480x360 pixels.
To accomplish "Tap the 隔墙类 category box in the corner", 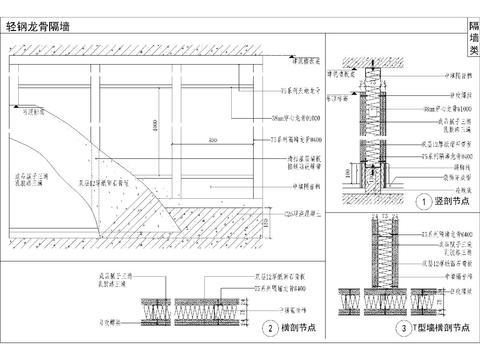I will tap(473, 39).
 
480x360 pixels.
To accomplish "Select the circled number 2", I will tap(269, 327).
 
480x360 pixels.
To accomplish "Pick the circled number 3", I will tap(402, 327).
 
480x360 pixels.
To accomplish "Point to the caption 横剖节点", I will tap(295, 327).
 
